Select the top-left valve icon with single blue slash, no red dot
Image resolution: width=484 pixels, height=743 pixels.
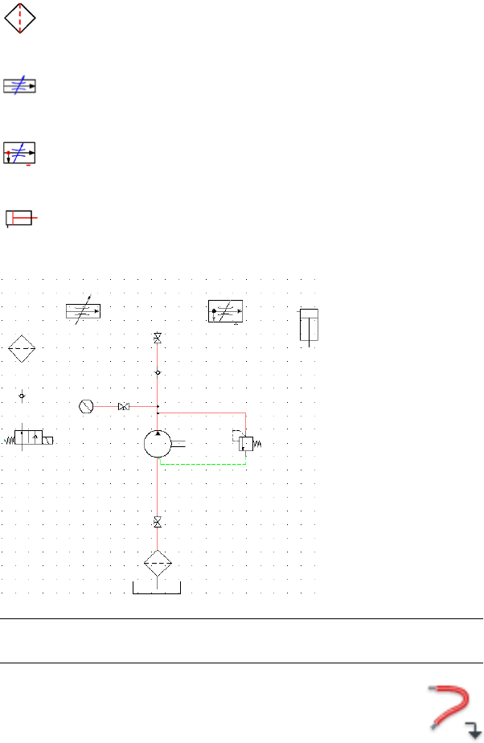pos(19,86)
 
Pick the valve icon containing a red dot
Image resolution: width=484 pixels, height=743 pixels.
pos(20,153)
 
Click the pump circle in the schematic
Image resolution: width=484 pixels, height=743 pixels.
pos(158,443)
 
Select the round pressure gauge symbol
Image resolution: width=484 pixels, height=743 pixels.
pos(87,406)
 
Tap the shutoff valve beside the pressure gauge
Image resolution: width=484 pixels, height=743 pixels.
pos(123,407)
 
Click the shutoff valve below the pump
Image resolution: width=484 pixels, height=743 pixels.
pos(158,523)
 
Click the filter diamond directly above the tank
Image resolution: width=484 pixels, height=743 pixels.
pos(158,564)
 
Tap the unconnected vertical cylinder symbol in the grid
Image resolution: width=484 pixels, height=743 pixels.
pos(309,325)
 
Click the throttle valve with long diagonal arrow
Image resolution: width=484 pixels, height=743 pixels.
pos(83,311)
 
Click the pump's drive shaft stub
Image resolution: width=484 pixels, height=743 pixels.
pos(178,443)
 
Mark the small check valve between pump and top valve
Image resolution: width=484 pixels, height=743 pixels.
pos(158,373)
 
